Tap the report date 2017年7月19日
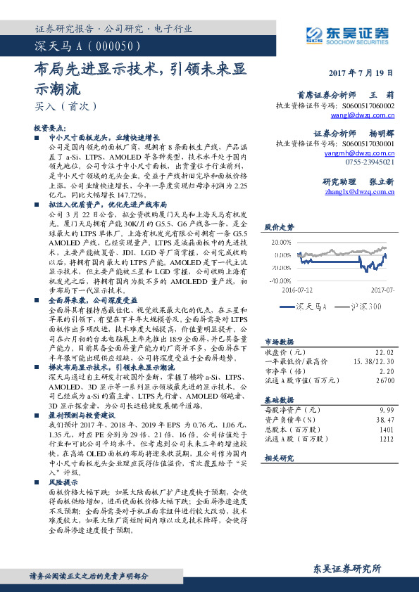click(x=361, y=72)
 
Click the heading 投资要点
click(x=49, y=129)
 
